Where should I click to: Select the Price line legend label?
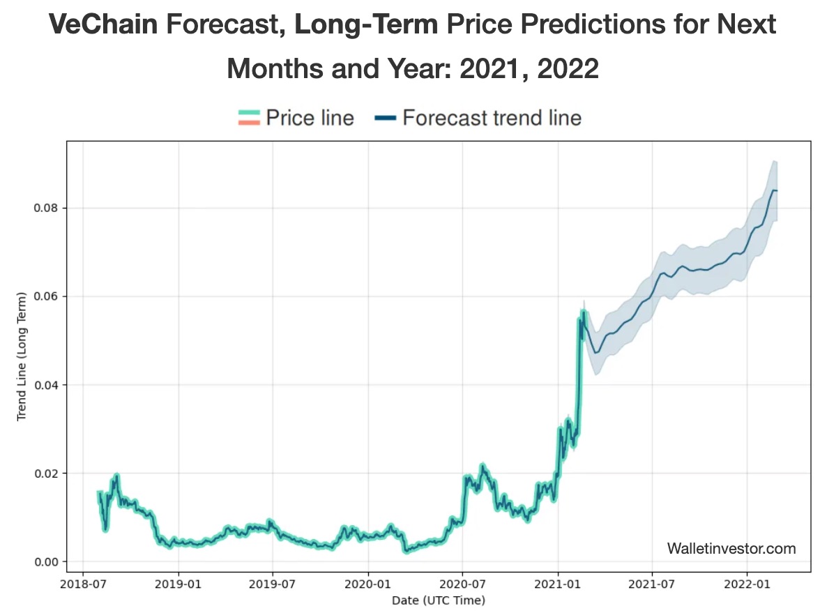[x=310, y=118]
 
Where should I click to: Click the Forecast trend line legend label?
[x=492, y=118]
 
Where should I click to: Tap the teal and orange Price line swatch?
[x=249, y=118]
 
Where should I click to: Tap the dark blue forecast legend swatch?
[x=386, y=118]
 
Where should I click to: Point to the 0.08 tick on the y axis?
[x=47, y=208]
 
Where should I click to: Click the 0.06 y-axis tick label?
[x=47, y=296]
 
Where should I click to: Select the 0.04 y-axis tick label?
[x=47, y=385]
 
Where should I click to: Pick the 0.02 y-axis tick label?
[x=47, y=474]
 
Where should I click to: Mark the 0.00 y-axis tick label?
[x=47, y=562]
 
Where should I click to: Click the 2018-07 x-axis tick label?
[x=84, y=584]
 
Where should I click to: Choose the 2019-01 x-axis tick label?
[x=179, y=584]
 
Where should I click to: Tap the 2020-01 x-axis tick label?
[x=367, y=584]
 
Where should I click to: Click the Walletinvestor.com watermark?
[x=731, y=549]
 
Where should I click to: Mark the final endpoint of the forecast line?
[x=777, y=190]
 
